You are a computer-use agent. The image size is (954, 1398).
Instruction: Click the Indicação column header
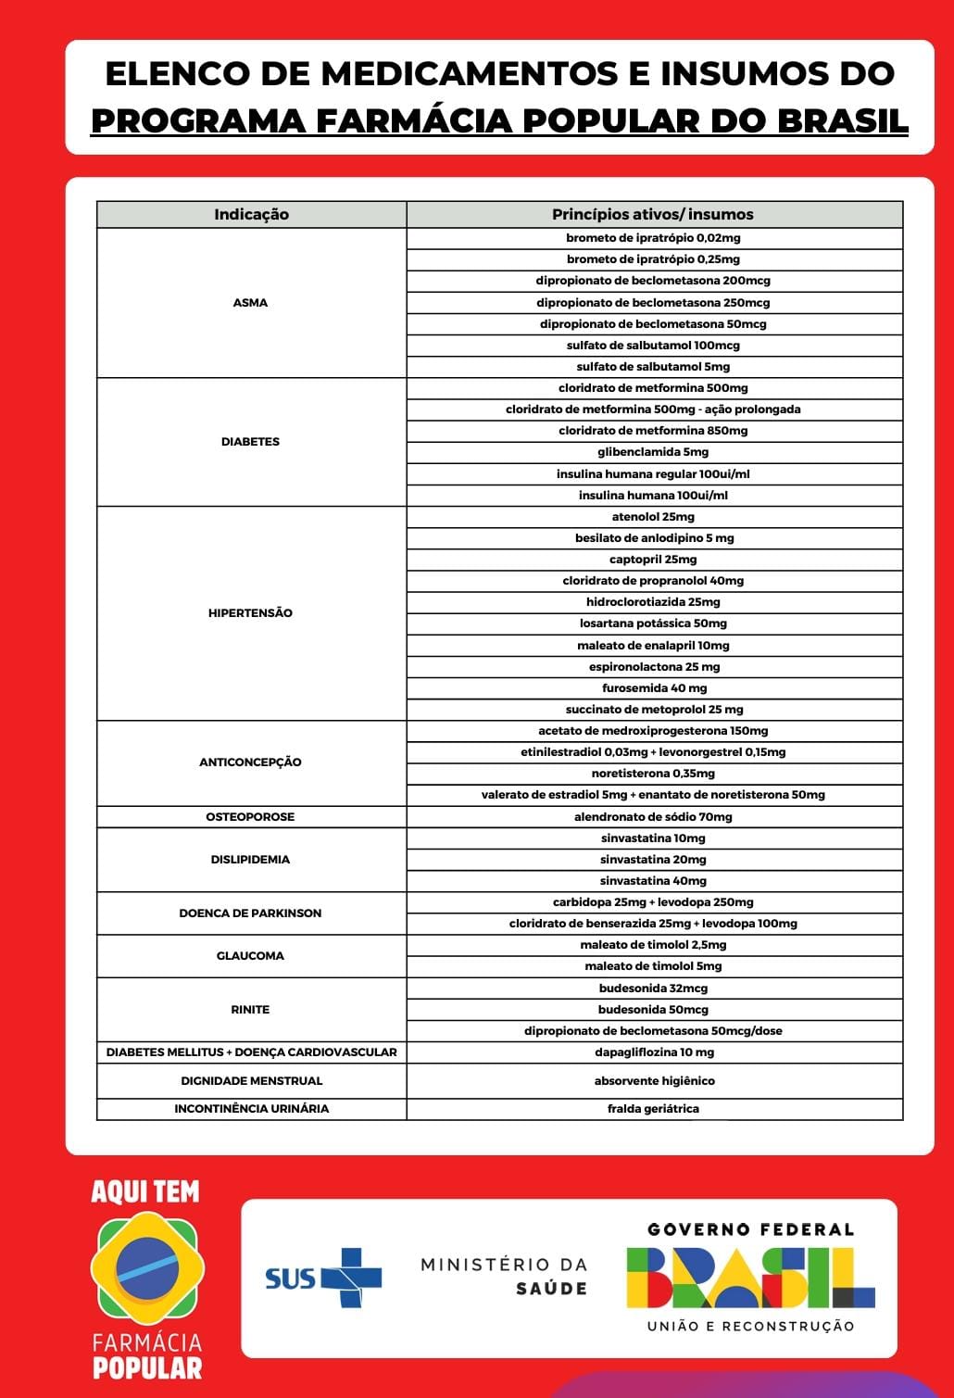pos(251,214)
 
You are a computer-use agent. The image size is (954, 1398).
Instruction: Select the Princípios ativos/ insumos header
pos(653,214)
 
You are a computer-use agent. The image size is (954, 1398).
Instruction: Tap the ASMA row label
pos(250,302)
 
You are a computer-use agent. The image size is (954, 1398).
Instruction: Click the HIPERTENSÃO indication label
pos(250,612)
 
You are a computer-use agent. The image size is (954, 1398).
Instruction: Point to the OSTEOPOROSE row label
pos(250,816)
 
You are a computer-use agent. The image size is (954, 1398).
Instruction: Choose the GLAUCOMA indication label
pos(250,955)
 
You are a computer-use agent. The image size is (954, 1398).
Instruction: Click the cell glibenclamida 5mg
pos(653,452)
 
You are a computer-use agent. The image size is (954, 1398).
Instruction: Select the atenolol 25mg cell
pos(653,516)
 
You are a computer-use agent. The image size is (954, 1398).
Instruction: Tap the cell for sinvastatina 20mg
pos(653,859)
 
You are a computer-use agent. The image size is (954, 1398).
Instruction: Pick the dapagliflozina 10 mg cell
pos(654,1052)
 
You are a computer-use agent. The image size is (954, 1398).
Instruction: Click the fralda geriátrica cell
pos(653,1108)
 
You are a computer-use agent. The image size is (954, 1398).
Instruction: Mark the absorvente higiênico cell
pos(654,1080)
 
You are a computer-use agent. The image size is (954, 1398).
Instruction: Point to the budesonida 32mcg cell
pos(653,988)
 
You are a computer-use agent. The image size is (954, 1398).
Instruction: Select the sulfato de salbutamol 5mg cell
pos(653,367)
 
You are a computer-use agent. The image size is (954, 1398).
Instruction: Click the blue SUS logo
pos(323,1278)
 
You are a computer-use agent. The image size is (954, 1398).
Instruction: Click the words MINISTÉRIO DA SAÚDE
pos(504,1276)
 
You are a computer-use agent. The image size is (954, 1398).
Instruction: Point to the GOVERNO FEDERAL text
pos(750,1229)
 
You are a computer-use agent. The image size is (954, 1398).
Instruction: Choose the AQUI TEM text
pos(145,1191)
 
